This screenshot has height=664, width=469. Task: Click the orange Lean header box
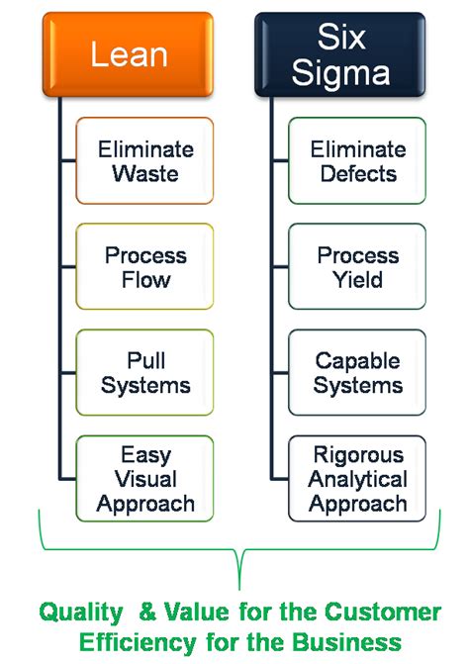(128, 54)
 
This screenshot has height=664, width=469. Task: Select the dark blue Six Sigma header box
(340, 54)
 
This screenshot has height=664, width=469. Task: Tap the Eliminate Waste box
(144, 161)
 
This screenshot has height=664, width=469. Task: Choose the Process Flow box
(144, 267)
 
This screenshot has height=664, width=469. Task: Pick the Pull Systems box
(144, 373)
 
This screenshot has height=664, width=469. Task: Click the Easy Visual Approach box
(144, 479)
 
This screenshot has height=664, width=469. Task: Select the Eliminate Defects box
(357, 161)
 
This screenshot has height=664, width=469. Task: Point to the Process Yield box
(357, 267)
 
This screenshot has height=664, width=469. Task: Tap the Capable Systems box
(357, 373)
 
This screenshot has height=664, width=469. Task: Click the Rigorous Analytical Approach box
(357, 479)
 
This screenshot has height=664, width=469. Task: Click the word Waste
(145, 173)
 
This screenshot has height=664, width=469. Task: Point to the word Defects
(358, 173)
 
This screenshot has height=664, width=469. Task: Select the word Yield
(357, 280)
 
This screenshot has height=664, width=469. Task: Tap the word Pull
(146, 361)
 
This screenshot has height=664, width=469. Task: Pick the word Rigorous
(358, 455)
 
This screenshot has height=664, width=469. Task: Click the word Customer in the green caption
(383, 612)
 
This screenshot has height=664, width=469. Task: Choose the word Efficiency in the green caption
(138, 642)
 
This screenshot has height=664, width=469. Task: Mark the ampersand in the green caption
(147, 612)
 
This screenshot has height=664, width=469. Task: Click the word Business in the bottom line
(347, 642)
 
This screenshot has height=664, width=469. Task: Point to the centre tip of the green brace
(239, 589)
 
